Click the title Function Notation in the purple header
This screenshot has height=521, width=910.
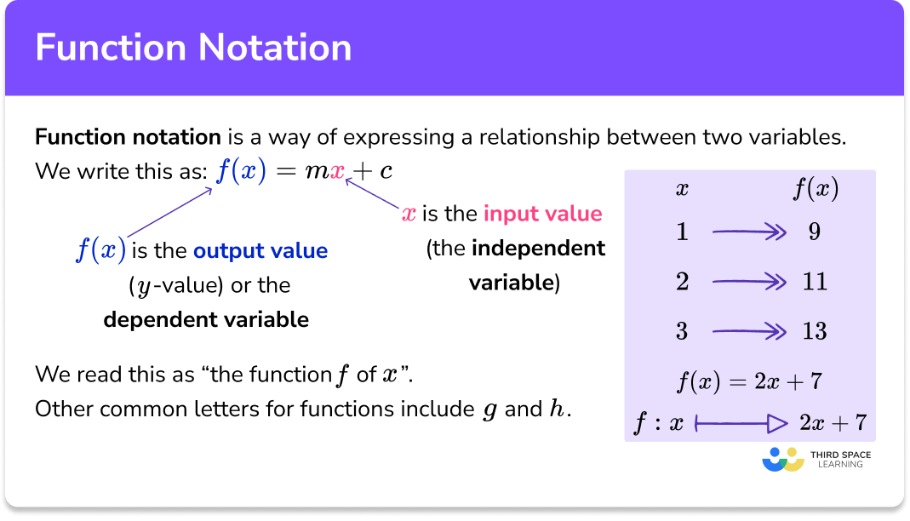coord(193,48)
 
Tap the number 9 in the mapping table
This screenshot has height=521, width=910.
coord(815,232)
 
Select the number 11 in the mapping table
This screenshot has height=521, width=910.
coord(815,282)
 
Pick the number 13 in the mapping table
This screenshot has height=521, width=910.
coord(815,331)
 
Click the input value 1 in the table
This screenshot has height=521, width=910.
coord(682,232)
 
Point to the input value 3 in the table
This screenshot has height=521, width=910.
coord(682,331)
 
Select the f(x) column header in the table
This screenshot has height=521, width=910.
coord(815,190)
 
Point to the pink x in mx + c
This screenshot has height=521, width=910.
coord(337,171)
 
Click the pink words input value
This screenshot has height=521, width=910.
coord(542,214)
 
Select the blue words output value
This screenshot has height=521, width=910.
coord(260,251)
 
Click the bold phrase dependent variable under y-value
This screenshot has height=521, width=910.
coord(206,320)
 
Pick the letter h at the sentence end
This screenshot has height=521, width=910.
coord(558,409)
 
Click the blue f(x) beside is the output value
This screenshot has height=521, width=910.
coord(100,250)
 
